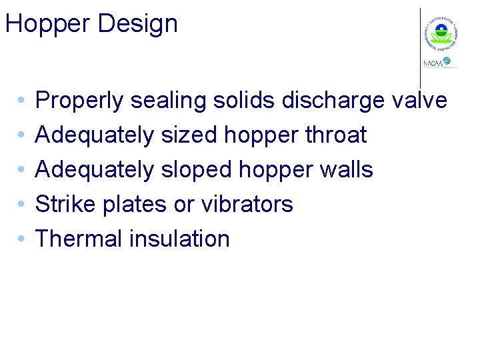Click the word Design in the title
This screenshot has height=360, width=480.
tap(137, 25)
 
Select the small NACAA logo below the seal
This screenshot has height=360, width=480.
tap(439, 63)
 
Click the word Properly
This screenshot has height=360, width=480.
tap(79, 101)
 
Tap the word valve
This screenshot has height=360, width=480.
tap(419, 101)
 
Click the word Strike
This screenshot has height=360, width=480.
tap(65, 205)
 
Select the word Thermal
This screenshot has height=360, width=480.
tap(77, 239)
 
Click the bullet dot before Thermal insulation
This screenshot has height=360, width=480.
tap(22, 239)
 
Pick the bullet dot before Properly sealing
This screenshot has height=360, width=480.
tap(22, 101)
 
